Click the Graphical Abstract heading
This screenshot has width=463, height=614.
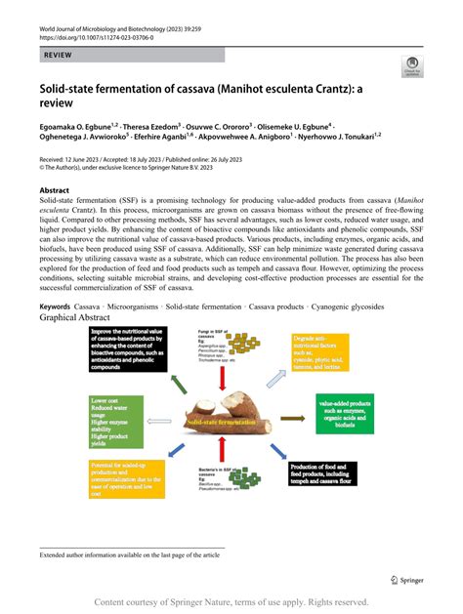pos(84,318)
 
